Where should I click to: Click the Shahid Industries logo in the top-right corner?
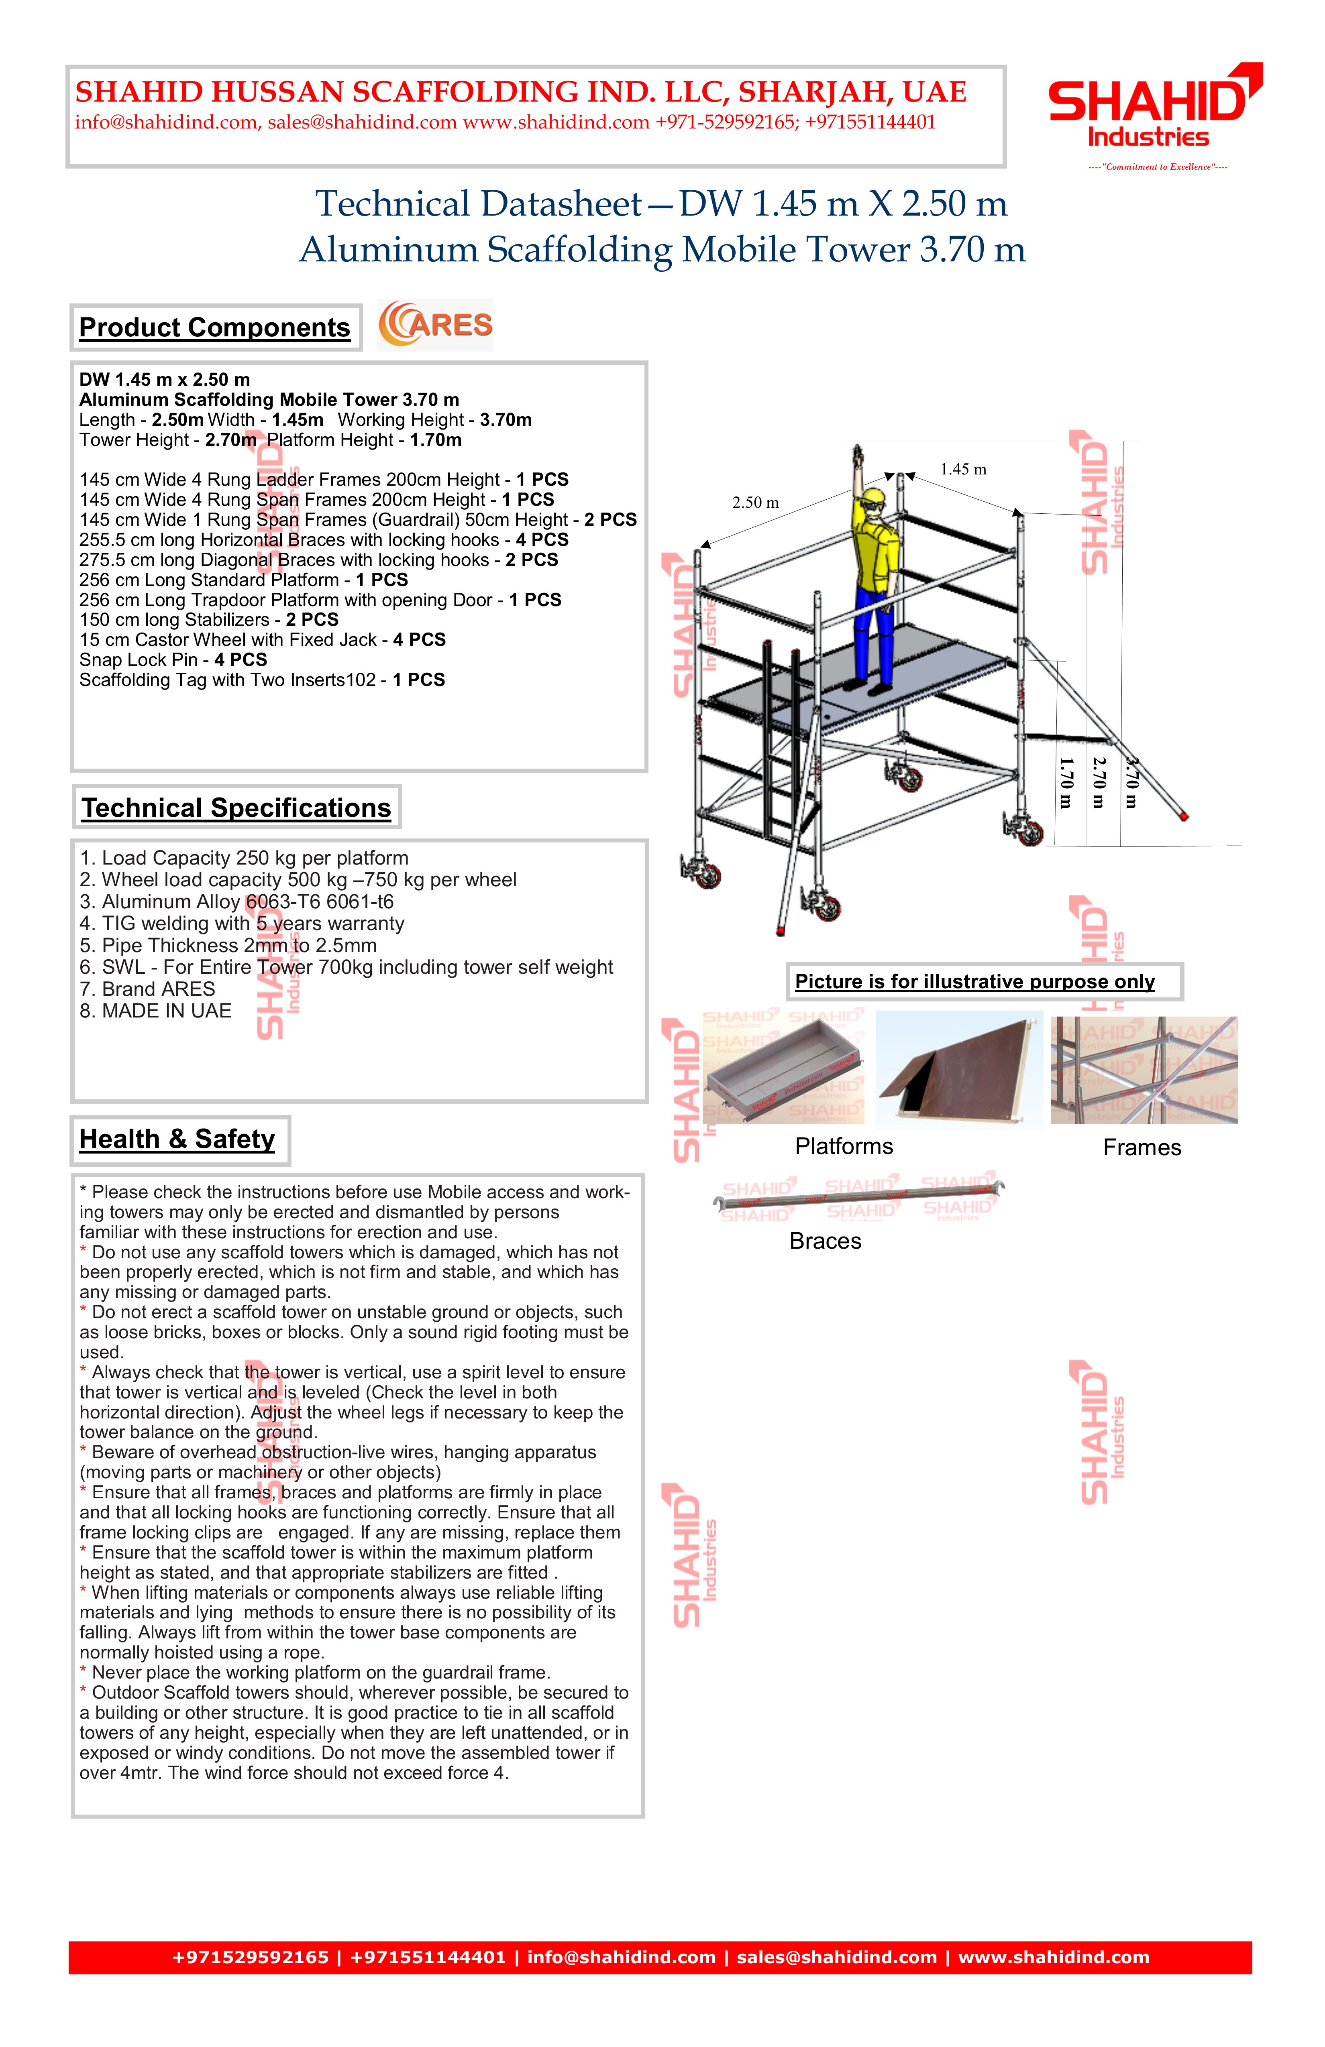click(x=1155, y=108)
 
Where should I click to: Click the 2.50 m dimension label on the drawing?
click(x=755, y=503)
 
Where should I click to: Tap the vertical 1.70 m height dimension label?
click(x=1065, y=783)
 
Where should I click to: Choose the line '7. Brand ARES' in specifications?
click(x=147, y=989)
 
